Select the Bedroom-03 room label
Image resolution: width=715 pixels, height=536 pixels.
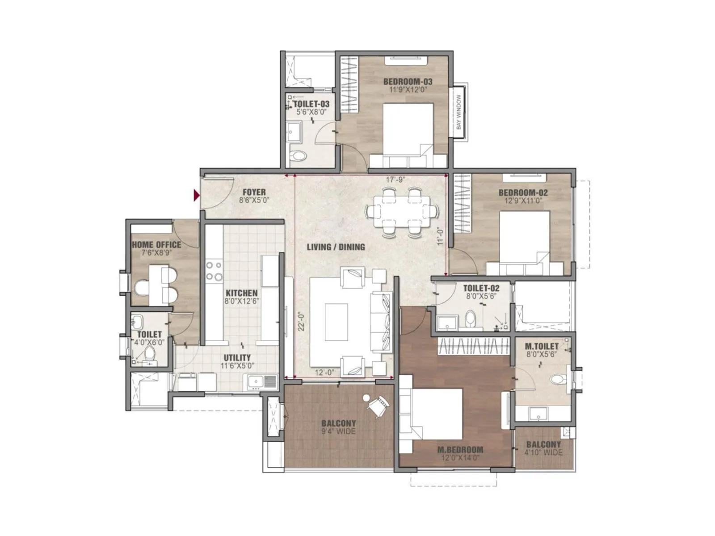408,82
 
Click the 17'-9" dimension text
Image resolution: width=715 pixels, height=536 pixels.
395,180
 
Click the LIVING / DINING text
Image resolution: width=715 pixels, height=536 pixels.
336,247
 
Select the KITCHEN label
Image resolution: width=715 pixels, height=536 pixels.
241,293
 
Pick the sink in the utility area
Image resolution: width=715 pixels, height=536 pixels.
257,382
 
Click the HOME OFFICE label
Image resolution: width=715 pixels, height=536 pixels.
156,245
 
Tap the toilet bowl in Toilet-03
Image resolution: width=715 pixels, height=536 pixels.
298,156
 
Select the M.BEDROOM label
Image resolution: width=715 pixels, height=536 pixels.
460,450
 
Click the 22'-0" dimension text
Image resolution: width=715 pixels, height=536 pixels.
301,321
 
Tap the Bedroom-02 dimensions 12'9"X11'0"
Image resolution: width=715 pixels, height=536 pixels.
523,201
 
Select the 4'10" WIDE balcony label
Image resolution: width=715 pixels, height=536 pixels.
543,452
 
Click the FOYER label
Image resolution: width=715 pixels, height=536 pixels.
254,193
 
